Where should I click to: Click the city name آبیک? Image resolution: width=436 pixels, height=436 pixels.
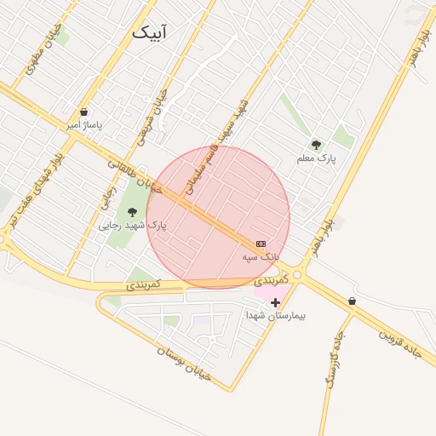151,32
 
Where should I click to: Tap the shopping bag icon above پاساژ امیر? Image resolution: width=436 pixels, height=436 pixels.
83,112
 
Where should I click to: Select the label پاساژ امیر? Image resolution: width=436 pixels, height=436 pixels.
84,125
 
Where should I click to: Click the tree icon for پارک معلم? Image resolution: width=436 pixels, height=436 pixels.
317,145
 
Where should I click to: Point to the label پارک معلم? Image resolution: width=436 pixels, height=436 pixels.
317,158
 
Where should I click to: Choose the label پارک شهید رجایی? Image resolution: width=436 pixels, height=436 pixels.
133,226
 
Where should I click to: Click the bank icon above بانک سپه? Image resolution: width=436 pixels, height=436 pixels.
261,244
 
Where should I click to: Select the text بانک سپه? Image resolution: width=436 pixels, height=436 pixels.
261,256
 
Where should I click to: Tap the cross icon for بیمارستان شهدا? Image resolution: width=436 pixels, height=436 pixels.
275,301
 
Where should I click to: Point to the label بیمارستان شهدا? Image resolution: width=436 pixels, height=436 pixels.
275,315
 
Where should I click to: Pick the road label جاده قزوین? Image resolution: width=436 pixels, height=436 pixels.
400,341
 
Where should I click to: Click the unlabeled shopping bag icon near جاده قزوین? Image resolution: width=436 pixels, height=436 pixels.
352,301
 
